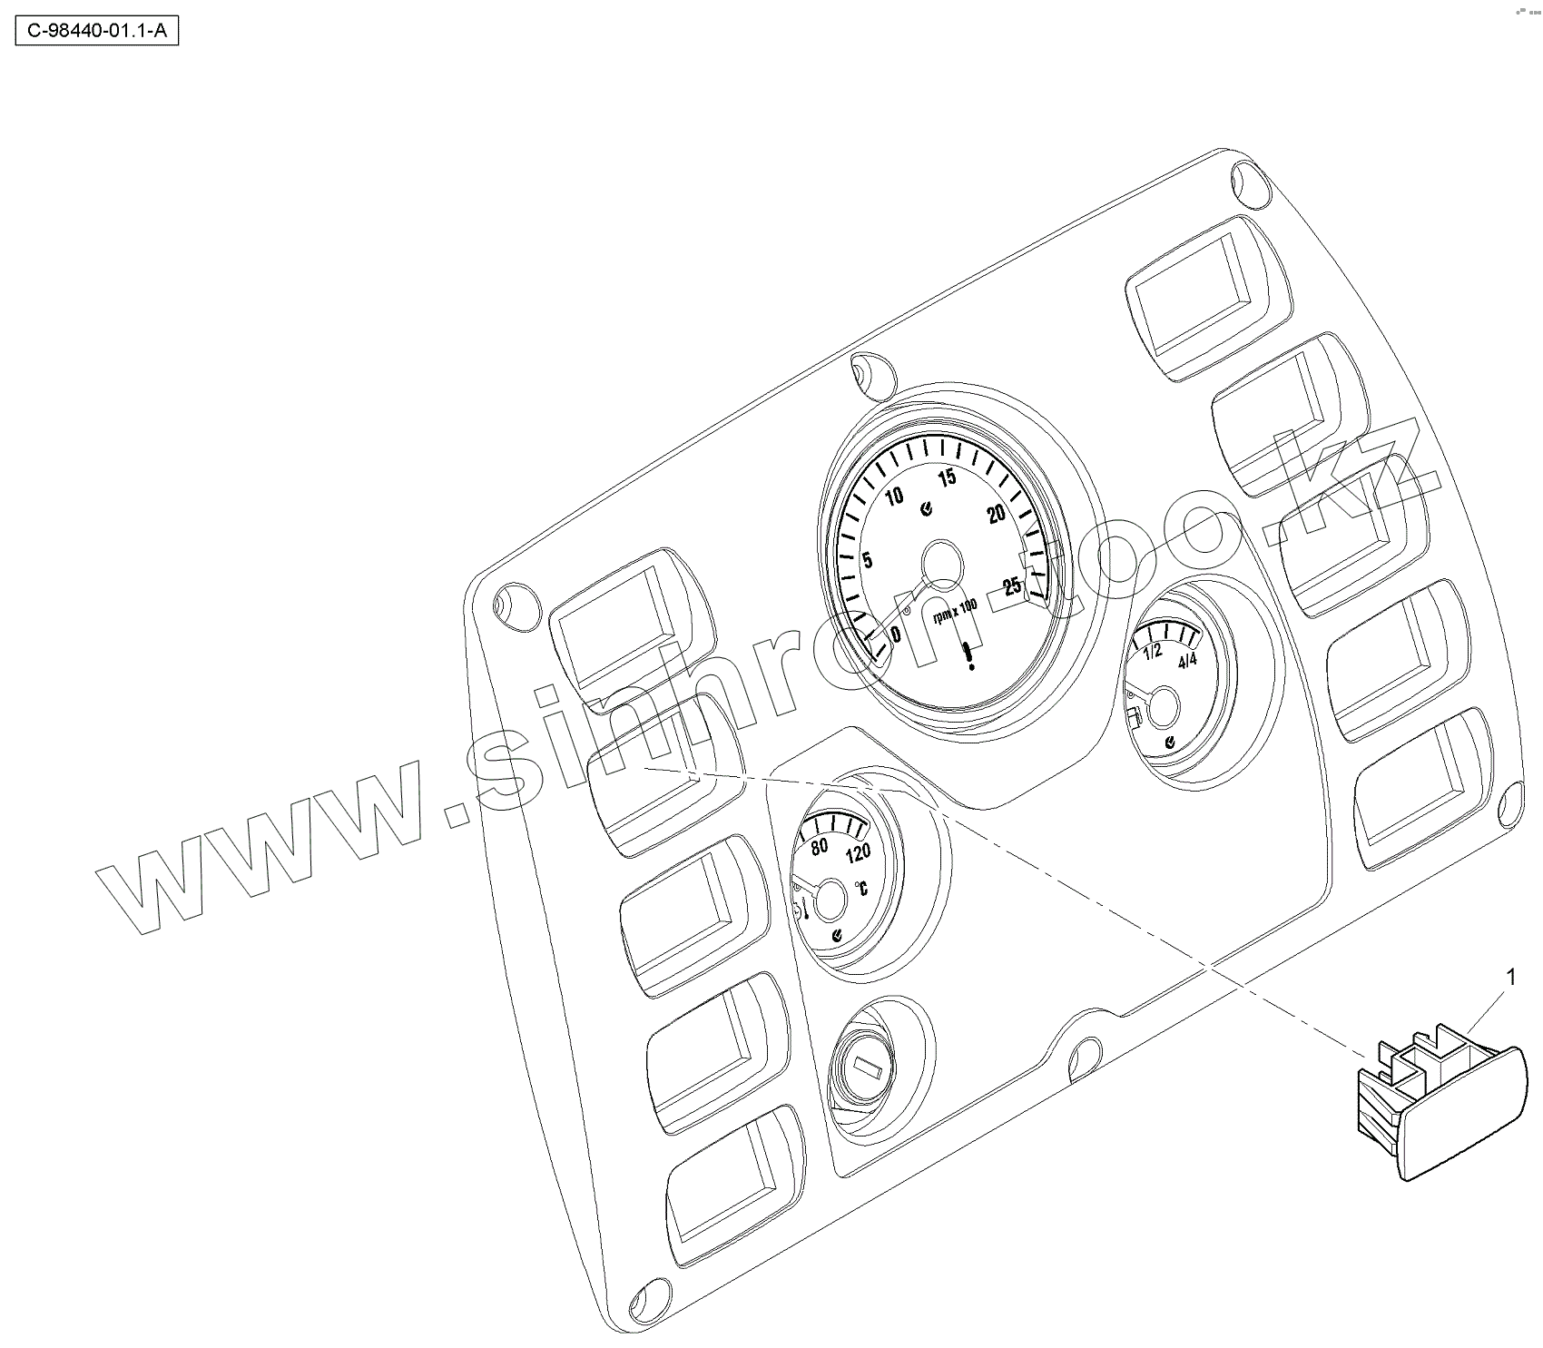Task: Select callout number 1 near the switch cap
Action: pos(1511,977)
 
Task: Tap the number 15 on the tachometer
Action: pos(947,477)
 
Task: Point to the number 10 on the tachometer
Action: pos(895,497)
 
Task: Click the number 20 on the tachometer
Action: pos(997,514)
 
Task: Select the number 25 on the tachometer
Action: pos(1011,586)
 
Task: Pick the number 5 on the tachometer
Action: pos(868,559)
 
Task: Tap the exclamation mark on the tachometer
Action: pos(971,655)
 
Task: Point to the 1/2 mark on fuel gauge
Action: pos(1152,653)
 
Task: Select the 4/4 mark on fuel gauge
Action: pos(1186,661)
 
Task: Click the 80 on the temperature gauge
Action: pos(819,847)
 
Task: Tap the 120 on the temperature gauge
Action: pos(857,853)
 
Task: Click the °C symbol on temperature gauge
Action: pos(860,887)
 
